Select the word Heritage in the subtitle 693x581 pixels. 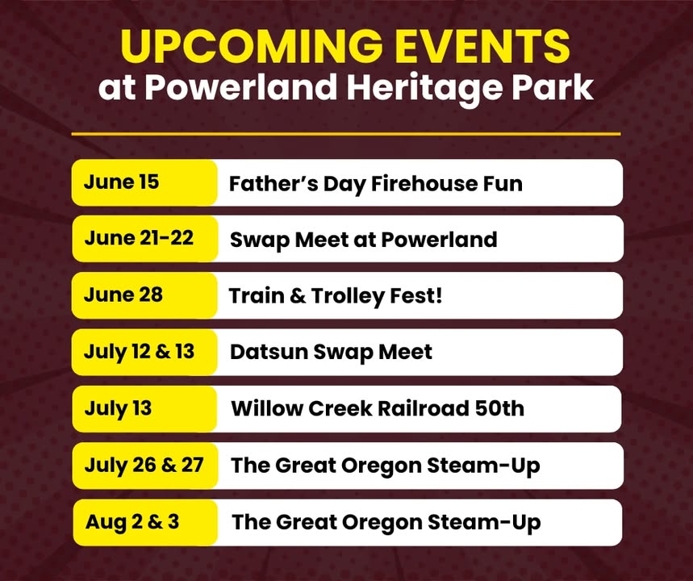[424, 87]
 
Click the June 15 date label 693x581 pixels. [121, 182]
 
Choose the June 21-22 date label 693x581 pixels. [139, 238]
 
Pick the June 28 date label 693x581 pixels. [123, 295]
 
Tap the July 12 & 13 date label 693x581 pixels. [139, 352]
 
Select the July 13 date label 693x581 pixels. [118, 408]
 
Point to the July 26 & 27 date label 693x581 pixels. [144, 465]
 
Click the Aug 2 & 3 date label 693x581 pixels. [132, 522]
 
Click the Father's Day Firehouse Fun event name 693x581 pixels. [376, 184]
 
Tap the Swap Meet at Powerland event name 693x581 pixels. [363, 240]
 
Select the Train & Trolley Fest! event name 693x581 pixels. [336, 296]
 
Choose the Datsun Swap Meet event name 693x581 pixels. [331, 353]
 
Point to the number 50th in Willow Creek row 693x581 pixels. [499, 408]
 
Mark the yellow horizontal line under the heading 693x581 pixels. [346, 133]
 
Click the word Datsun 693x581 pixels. [269, 353]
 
